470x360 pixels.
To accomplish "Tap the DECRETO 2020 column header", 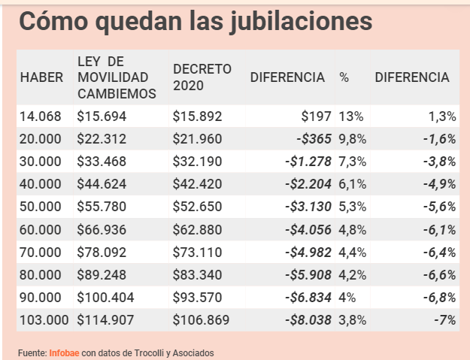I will coord(201,77).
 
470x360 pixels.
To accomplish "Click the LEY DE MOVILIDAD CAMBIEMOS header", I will coord(117,77).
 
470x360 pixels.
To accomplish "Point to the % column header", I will coord(344,77).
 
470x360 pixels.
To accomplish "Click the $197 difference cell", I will coord(317,116).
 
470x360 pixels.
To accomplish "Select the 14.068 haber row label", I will coord(41,116).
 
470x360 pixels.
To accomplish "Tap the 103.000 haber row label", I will coord(45,319).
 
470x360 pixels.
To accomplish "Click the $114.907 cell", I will coord(105,319).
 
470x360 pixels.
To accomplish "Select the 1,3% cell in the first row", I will coord(441,116).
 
